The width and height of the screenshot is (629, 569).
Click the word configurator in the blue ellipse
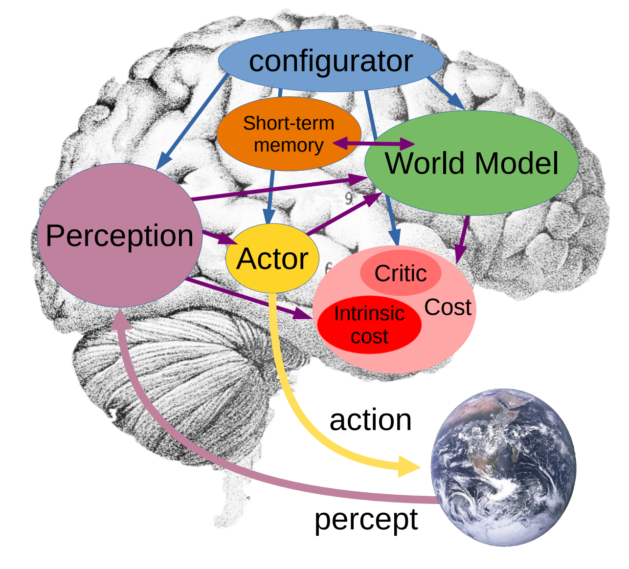pos(331,62)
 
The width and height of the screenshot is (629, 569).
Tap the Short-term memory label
pos(289,134)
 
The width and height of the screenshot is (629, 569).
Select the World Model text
pos(472,163)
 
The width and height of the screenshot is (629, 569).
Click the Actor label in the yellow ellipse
pos(272,259)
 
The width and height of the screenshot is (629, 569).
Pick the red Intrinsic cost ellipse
pos(369,325)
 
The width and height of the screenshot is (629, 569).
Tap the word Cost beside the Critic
pos(448,307)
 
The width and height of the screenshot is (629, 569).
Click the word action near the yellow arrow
pos(370,421)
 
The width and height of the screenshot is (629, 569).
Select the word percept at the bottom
pos(366,521)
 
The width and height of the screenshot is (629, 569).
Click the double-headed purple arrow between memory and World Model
pos(374,144)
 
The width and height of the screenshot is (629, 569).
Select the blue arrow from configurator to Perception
pos(193,122)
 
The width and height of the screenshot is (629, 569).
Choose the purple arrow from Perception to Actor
pos(220,237)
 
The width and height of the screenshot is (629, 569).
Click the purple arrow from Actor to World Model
pos(344,214)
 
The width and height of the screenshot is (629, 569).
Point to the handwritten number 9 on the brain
pos(349,199)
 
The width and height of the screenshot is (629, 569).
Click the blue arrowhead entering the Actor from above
pos(269,217)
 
